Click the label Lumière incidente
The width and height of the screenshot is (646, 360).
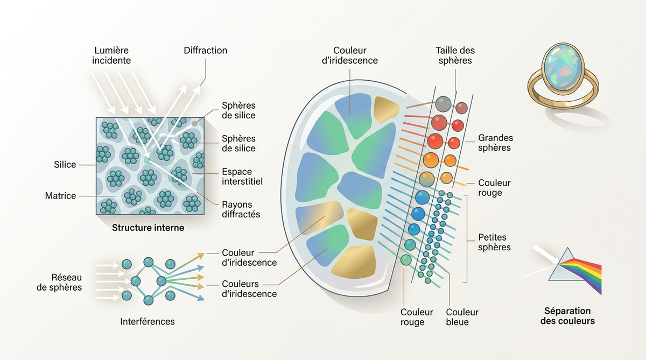(x=111, y=55)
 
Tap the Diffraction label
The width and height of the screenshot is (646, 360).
(x=205, y=51)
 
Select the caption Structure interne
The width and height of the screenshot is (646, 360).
(x=148, y=228)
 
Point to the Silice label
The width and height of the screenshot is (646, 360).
(x=65, y=165)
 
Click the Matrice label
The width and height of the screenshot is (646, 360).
(x=60, y=196)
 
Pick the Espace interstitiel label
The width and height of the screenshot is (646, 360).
(x=242, y=177)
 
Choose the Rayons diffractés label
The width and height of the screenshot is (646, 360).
(x=241, y=209)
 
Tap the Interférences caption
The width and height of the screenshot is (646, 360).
(x=148, y=321)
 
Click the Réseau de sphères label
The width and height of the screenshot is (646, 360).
(x=59, y=282)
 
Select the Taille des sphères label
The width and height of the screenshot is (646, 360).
(x=455, y=55)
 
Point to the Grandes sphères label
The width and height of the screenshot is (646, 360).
(x=495, y=143)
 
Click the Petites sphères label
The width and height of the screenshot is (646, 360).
(x=494, y=242)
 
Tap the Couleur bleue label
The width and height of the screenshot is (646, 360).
(x=462, y=317)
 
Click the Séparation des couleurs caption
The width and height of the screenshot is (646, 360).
(x=567, y=316)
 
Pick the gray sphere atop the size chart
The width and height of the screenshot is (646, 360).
(x=443, y=104)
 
